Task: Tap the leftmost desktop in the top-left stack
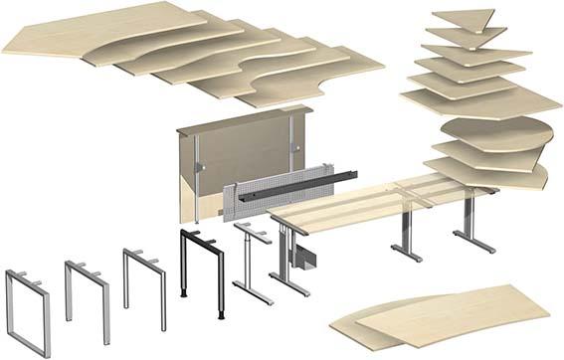coord(60,35)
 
